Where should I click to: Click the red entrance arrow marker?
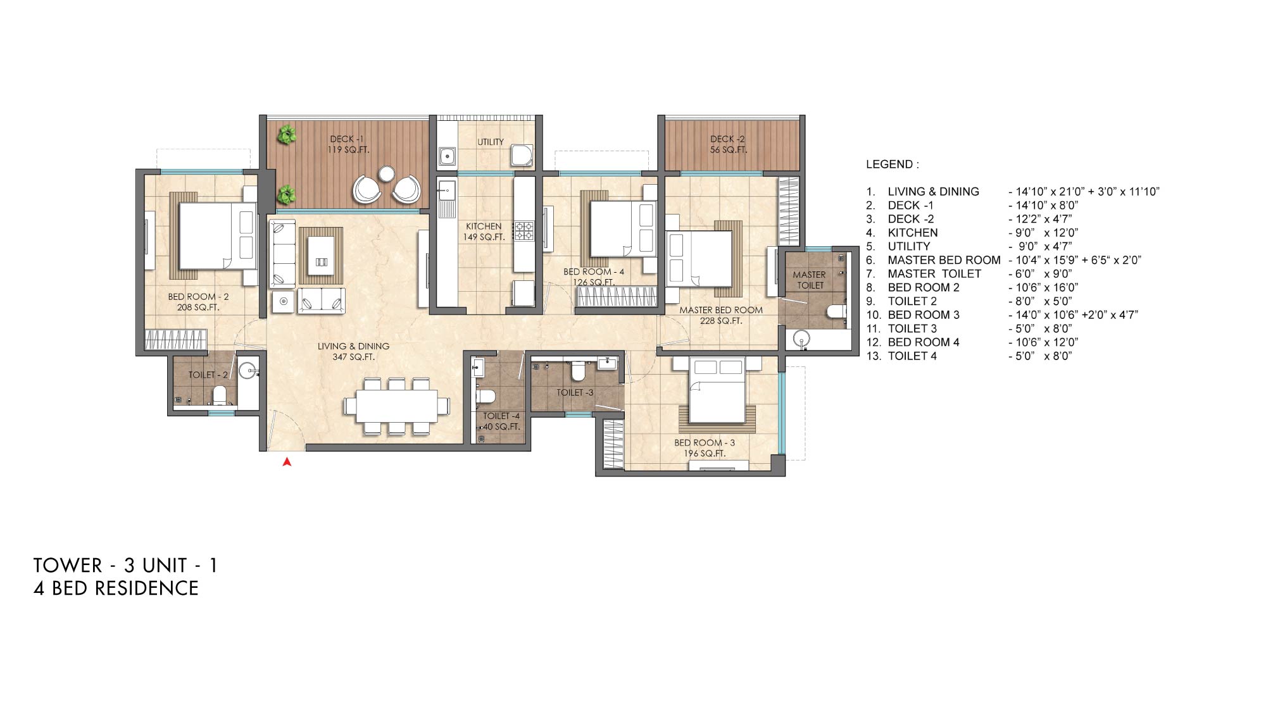pyautogui.click(x=287, y=463)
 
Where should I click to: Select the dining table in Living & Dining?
pyautogui.click(x=396, y=406)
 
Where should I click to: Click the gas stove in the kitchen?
pyautogui.click(x=524, y=230)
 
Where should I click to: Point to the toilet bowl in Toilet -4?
pyautogui.click(x=485, y=397)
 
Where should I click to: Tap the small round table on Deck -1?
pyautogui.click(x=386, y=173)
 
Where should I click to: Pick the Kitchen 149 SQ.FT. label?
pyautogui.click(x=484, y=232)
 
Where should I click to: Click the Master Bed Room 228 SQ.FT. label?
pyautogui.click(x=721, y=315)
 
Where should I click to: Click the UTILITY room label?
pyautogui.click(x=491, y=142)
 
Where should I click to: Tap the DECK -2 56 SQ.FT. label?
pyautogui.click(x=728, y=144)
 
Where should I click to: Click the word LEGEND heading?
pyautogui.click(x=893, y=165)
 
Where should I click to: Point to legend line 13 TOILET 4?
pyautogui.click(x=968, y=356)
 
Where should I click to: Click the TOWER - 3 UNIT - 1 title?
pyautogui.click(x=125, y=565)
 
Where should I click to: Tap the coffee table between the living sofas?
pyautogui.click(x=321, y=254)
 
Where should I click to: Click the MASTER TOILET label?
pyautogui.click(x=810, y=280)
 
